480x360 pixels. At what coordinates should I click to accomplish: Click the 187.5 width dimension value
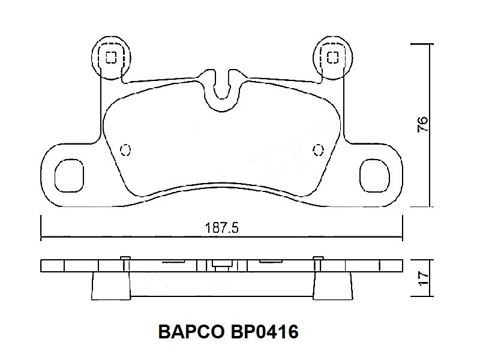(221, 228)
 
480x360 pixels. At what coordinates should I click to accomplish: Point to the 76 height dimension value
(422, 124)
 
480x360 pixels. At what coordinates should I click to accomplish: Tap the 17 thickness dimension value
(424, 278)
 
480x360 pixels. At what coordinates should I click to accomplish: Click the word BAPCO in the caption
(191, 332)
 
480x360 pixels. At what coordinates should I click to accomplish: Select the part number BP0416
(265, 332)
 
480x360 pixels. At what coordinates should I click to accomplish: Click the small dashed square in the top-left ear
(111, 57)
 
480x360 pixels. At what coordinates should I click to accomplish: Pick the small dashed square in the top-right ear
(332, 57)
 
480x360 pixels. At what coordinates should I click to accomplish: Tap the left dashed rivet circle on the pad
(125, 150)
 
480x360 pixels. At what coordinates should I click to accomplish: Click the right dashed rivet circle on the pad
(319, 150)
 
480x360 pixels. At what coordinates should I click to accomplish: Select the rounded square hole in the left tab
(69, 175)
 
